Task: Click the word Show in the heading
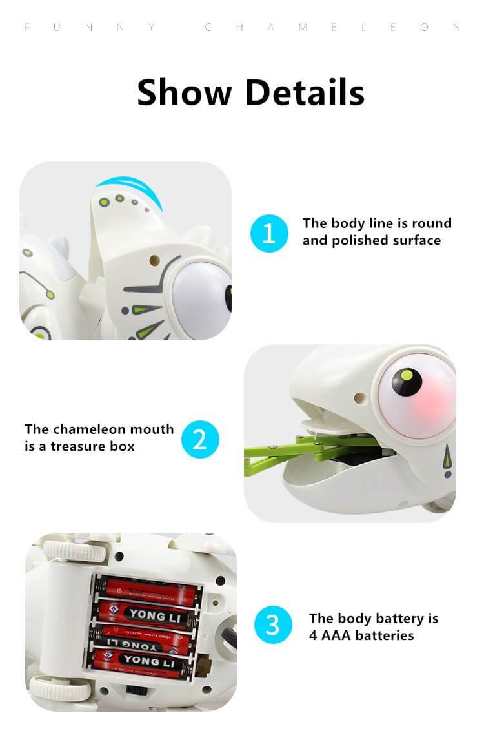pyautogui.click(x=184, y=92)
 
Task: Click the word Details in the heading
pyautogui.click(x=305, y=92)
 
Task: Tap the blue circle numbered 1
pyautogui.click(x=268, y=233)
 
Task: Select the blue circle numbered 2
pyautogui.click(x=200, y=439)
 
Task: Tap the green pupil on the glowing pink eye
pyautogui.click(x=407, y=375)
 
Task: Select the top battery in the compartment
pyautogui.click(x=147, y=589)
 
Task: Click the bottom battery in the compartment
pyautogui.click(x=143, y=660)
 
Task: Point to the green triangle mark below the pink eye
pyautogui.click(x=445, y=462)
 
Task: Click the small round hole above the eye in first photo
pyautogui.click(x=154, y=260)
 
